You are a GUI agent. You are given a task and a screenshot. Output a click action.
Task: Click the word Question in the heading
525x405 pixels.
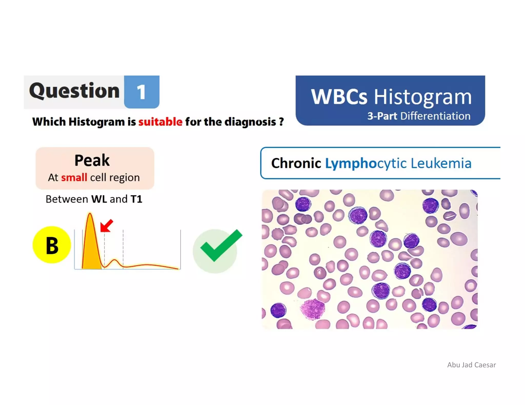click(74, 91)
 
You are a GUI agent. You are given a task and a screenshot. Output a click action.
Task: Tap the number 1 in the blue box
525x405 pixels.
click(141, 92)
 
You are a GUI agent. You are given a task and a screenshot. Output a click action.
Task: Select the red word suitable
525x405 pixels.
click(160, 122)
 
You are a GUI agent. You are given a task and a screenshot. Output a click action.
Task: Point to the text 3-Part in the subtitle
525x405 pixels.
click(382, 116)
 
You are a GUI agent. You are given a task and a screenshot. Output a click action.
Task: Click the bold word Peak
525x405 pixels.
click(92, 161)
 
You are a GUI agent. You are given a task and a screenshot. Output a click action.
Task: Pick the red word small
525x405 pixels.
click(74, 177)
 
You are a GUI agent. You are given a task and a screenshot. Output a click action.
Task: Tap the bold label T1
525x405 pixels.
click(136, 199)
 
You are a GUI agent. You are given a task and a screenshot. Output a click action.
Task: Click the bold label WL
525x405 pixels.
click(99, 199)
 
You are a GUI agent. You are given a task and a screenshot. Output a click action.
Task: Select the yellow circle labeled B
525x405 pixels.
click(52, 245)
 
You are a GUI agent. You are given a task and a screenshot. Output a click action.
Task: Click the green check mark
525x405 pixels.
click(221, 245)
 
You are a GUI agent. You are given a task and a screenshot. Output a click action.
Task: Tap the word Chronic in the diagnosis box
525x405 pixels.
click(296, 163)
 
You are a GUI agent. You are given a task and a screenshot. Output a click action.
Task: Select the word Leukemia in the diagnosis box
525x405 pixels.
click(441, 163)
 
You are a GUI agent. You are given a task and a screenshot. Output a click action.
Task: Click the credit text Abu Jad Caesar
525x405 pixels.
click(471, 365)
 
